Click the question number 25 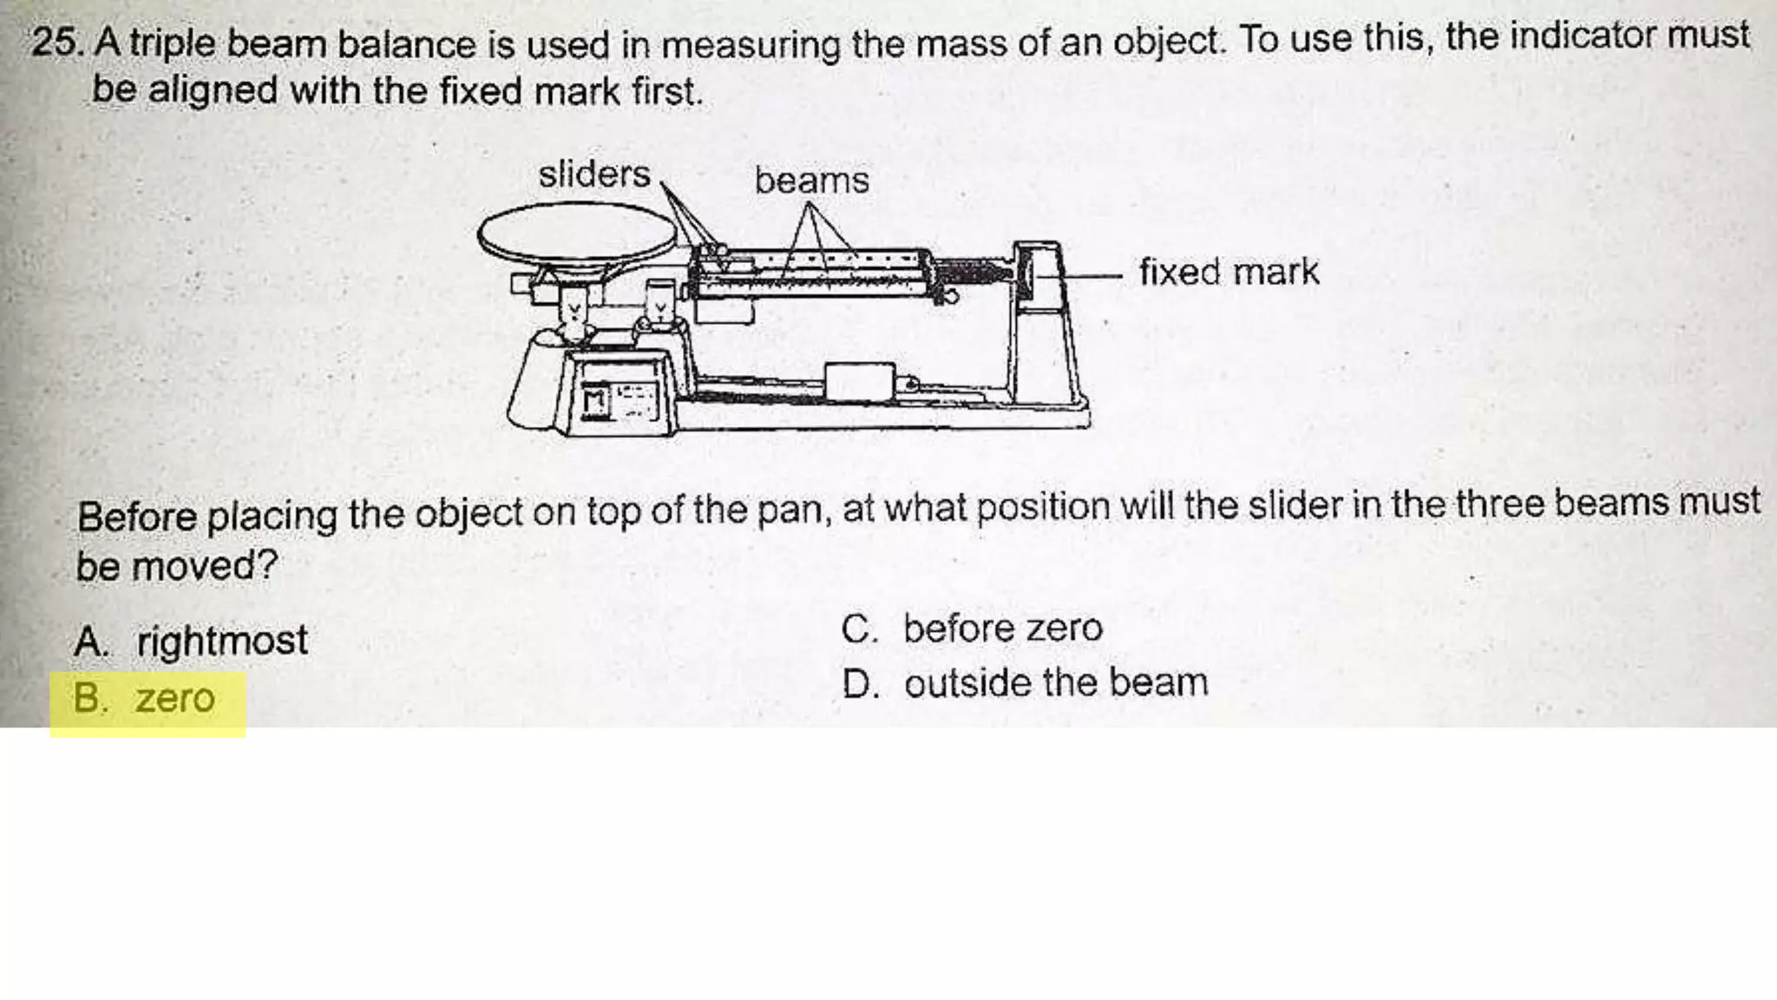[x=57, y=43]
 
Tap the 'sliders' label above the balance [x=593, y=174]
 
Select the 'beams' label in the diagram [x=811, y=181]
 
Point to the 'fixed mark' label [x=1229, y=272]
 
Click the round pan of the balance [x=577, y=233]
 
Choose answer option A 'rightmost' [x=221, y=641]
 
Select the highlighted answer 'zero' [x=174, y=699]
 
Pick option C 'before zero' [x=1002, y=628]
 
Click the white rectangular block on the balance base [x=859, y=383]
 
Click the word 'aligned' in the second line [x=212, y=90]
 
